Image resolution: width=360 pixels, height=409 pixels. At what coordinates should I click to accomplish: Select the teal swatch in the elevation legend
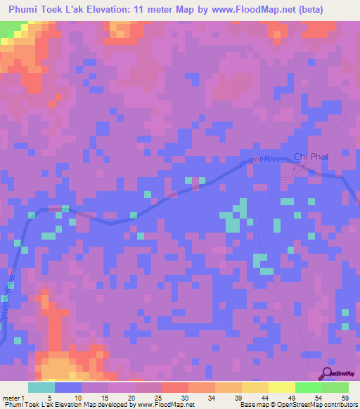point(41,387)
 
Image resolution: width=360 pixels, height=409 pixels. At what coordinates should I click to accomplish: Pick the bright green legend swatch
point(309,387)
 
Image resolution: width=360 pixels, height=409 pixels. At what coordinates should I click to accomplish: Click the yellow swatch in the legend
point(282,387)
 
